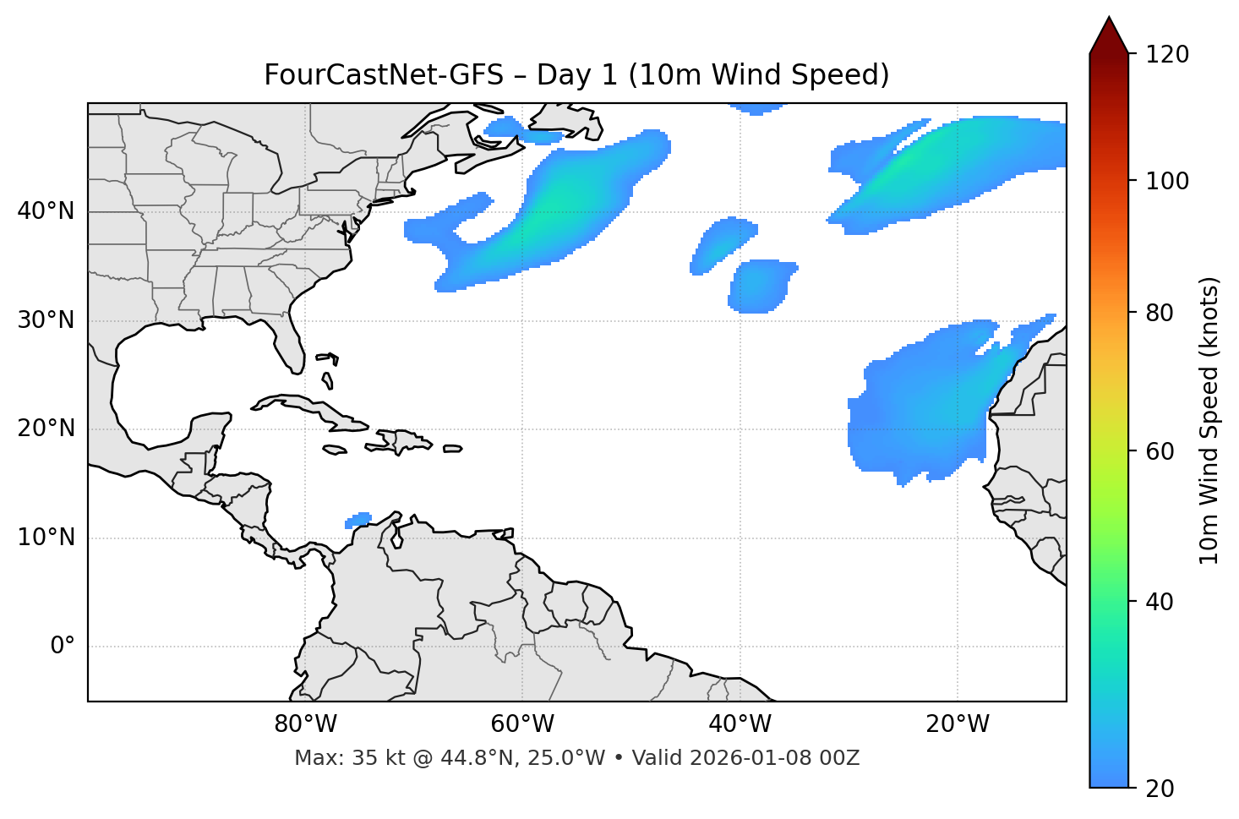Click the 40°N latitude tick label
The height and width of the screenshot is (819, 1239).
tap(46, 211)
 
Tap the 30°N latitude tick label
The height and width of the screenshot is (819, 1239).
tap(46, 320)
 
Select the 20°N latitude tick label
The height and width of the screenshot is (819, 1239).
tap(46, 429)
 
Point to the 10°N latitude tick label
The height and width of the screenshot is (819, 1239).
tap(46, 538)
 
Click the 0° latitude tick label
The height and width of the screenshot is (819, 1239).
tap(63, 647)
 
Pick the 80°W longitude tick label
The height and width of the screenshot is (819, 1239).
tap(305, 724)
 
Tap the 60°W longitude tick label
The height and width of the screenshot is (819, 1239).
tap(522, 724)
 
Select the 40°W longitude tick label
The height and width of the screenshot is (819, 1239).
tap(740, 724)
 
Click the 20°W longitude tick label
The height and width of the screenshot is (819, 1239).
tap(958, 724)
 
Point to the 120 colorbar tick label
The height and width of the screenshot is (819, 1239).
tap(1166, 55)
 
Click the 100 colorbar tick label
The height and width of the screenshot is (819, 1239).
tap(1166, 181)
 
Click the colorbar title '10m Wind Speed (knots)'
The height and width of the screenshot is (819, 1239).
tap(1209, 420)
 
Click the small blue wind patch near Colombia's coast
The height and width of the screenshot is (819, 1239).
tap(359, 520)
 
